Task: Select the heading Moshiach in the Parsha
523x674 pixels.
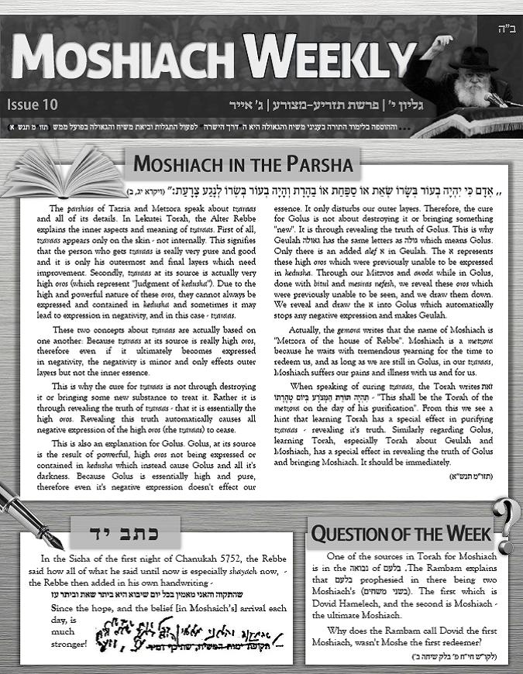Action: [x=243, y=165]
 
